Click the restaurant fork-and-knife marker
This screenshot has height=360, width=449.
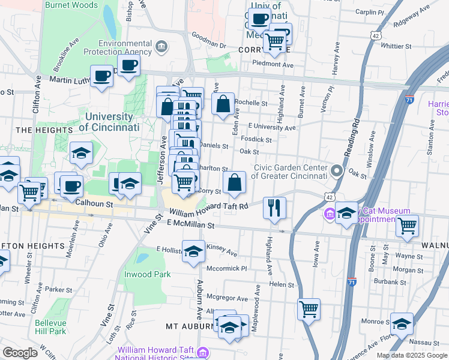click(x=275, y=208)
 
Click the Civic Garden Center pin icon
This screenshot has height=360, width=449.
click(x=337, y=172)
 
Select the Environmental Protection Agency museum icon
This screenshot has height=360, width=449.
click(x=161, y=47)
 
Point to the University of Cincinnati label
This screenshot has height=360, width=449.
click(x=109, y=122)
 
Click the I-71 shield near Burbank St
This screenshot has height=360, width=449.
click(x=352, y=280)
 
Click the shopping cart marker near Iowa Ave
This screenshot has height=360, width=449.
click(x=309, y=310)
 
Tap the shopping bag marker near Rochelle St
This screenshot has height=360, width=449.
click(x=223, y=104)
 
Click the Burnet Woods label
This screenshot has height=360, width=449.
click(x=71, y=5)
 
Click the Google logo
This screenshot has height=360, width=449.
click(x=20, y=352)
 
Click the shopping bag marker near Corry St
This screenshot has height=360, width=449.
click(x=235, y=182)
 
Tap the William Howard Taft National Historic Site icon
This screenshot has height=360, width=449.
click(x=202, y=351)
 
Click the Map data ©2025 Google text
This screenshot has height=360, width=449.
click(x=411, y=355)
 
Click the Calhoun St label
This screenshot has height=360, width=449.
click(x=95, y=205)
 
